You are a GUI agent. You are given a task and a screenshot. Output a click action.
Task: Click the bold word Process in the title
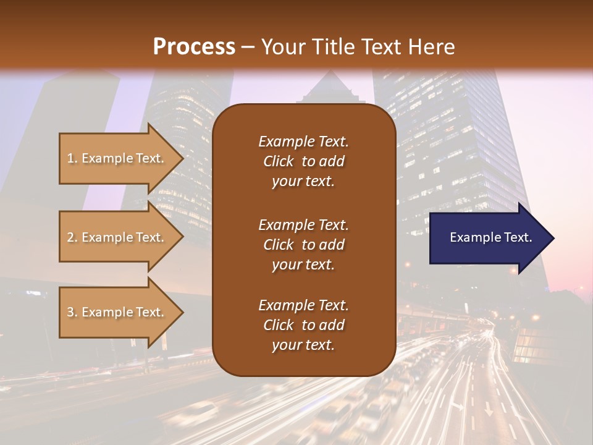pyautogui.click(x=194, y=46)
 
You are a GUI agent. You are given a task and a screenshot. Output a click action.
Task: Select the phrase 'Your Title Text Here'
pyautogui.click(x=358, y=46)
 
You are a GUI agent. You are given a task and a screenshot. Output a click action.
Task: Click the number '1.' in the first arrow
pyautogui.click(x=72, y=158)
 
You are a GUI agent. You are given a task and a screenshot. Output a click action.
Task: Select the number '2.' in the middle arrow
pyautogui.click(x=72, y=237)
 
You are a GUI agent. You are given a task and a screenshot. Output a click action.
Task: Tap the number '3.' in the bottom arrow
pyautogui.click(x=72, y=312)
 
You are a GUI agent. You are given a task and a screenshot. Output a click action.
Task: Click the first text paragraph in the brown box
pyautogui.click(x=303, y=161)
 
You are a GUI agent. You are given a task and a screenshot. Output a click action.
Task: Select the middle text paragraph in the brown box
pyautogui.click(x=303, y=245)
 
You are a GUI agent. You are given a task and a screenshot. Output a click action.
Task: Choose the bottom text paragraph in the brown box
pyautogui.click(x=303, y=325)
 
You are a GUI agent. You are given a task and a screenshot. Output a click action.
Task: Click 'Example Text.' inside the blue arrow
pyautogui.click(x=491, y=237)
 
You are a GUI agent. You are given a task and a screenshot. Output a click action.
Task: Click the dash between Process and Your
pyautogui.click(x=248, y=47)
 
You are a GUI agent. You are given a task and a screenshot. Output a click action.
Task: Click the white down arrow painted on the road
pyautogui.click(x=489, y=409)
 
